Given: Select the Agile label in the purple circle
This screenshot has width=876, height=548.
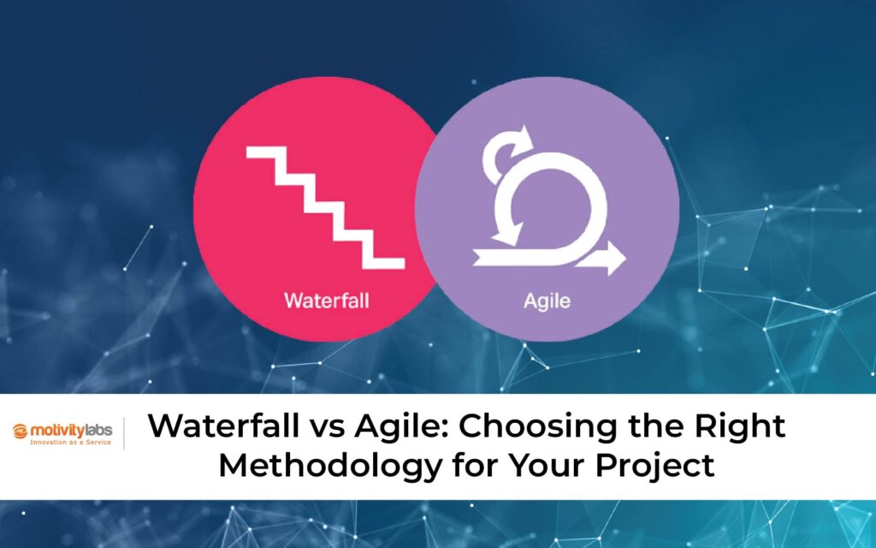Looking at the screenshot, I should click(x=547, y=301).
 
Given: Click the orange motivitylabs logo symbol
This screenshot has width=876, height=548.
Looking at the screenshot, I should click(x=21, y=431).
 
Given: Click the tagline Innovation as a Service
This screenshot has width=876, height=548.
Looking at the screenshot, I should click(x=71, y=444).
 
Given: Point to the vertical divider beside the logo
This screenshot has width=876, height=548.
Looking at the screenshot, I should click(x=125, y=433).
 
